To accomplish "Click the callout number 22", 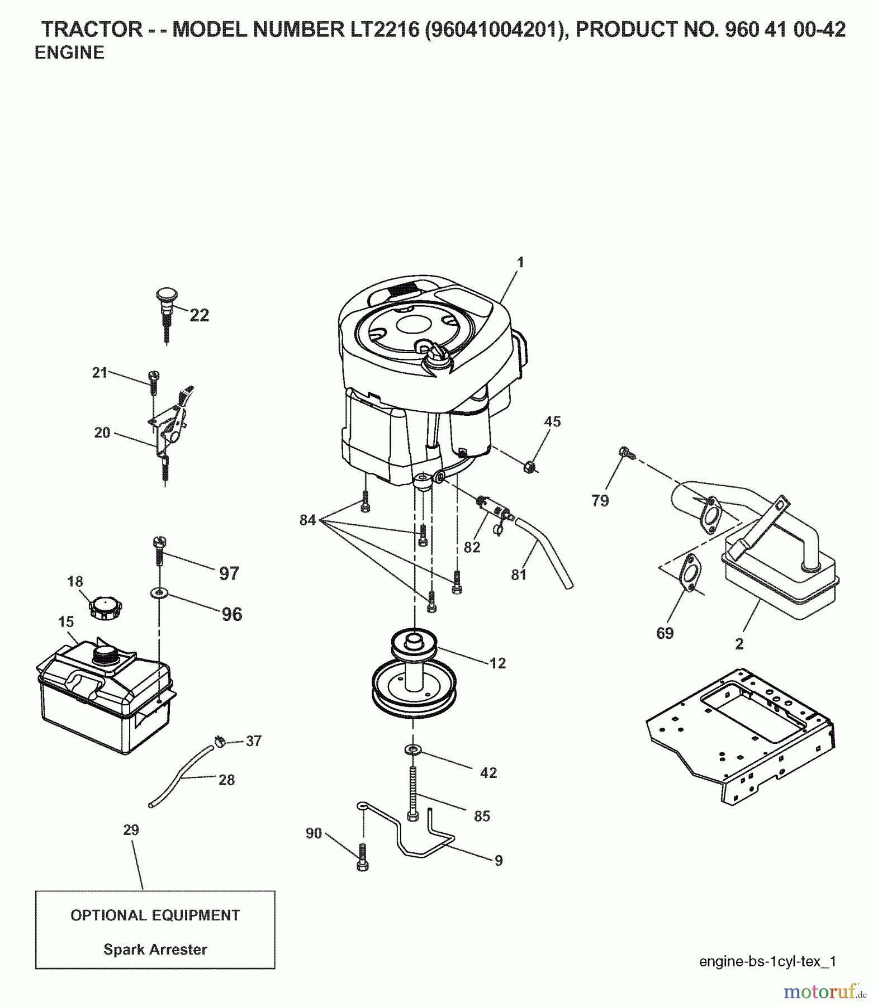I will tap(199, 315).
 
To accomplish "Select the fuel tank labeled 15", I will tap(103, 699).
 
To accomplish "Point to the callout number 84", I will tap(307, 521).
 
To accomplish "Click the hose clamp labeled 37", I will tap(220, 742).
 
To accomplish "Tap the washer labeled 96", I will tap(159, 592).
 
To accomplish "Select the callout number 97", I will tap(229, 573).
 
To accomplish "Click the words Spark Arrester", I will tap(155, 950).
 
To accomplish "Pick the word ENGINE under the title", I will tap(69, 53).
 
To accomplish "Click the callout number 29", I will tap(131, 830).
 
